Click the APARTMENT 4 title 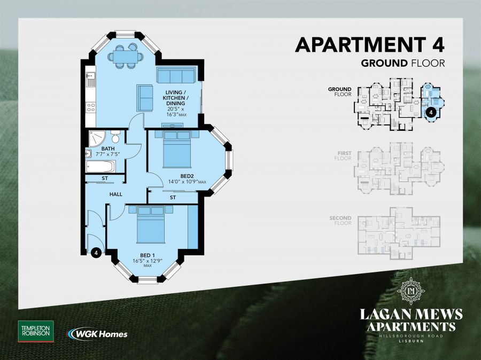pos(370,44)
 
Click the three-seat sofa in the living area pos(176,75)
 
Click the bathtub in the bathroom pos(106,166)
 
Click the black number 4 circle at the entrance pos(97,252)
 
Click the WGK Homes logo pos(97,334)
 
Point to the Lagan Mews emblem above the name pos(412,291)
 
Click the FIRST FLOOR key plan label pos(343,155)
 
